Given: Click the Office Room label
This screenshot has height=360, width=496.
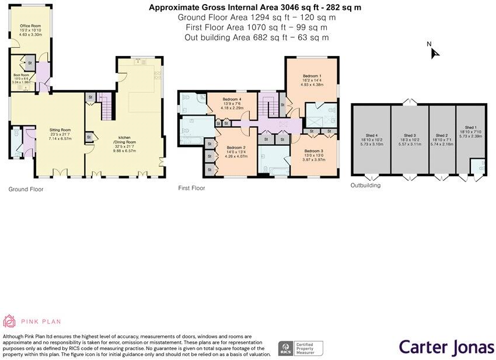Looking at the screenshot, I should [30, 26].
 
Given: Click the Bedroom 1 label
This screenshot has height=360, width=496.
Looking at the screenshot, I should [312, 76].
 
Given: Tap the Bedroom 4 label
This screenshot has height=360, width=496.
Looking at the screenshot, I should [230, 100].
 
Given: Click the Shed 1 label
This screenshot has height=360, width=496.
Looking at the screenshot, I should [470, 127].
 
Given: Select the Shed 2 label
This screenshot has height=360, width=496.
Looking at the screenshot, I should [442, 135].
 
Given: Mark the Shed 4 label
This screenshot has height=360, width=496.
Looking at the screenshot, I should [371, 135].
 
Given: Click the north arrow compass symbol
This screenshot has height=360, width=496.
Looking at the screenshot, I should [434, 53].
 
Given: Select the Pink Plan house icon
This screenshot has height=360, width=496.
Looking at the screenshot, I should [10, 321].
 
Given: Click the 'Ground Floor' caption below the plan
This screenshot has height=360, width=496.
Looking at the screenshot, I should [26, 189].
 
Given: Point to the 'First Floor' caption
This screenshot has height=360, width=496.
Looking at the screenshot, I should [191, 188].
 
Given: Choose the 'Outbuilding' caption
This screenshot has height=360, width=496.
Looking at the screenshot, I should [365, 186].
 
